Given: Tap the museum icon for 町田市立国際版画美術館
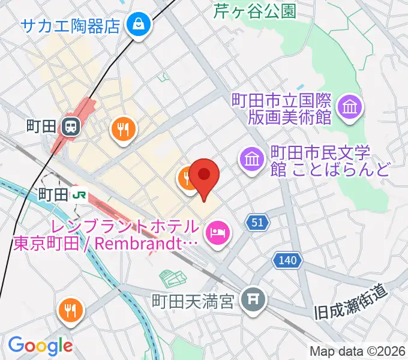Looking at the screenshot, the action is tap(349, 107).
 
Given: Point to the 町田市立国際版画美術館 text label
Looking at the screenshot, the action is tap(282, 107).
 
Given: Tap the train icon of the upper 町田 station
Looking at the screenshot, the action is tap(71, 127).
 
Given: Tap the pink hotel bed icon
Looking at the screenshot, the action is tap(217, 232).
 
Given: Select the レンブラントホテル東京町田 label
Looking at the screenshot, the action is tap(106, 235).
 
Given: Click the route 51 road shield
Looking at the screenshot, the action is tap(257, 223).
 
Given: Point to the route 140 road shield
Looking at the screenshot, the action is tap(287, 260).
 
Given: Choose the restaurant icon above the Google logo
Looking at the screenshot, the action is tap(71, 310).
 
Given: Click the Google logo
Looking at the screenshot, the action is tap(40, 346).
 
